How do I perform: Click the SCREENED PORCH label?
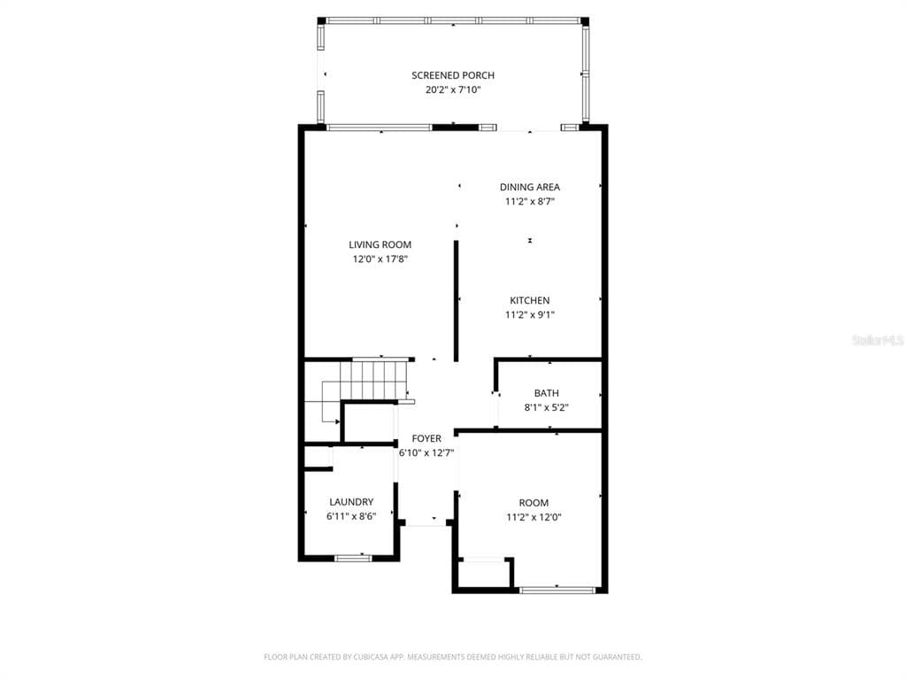point(453,75)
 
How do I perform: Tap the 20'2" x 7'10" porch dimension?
point(453,89)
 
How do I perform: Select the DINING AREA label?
point(530,187)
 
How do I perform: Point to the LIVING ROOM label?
point(380,244)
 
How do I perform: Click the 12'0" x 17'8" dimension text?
point(380,259)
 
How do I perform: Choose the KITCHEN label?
point(530,300)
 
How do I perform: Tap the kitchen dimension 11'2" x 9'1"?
point(530,314)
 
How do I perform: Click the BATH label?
point(547,392)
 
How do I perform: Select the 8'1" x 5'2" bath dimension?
point(547,407)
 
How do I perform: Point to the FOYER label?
point(426,438)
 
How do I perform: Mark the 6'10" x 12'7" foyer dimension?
point(426,452)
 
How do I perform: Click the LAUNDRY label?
point(351,502)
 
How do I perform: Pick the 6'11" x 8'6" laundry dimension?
point(351,516)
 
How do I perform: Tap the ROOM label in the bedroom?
point(534,503)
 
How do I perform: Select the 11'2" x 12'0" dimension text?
point(534,517)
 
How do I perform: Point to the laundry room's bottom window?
point(354,558)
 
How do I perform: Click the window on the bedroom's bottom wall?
point(557,590)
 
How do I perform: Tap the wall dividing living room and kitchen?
point(457,301)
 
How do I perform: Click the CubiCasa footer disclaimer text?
point(453,657)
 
